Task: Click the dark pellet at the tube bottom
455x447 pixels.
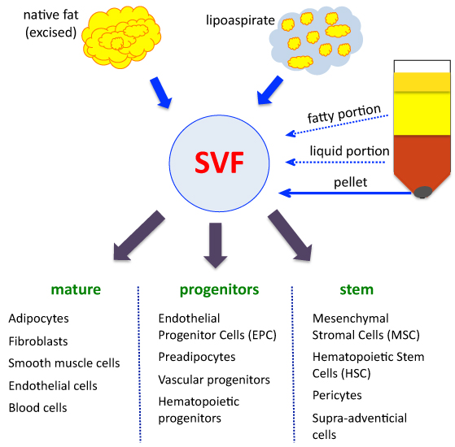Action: click(424, 193)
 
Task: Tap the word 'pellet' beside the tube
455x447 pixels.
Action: click(351, 182)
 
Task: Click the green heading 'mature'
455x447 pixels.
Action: click(76, 289)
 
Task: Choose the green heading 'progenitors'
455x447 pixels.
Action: click(218, 289)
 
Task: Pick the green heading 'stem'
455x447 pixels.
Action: click(356, 289)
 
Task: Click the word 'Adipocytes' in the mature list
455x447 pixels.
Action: click(38, 319)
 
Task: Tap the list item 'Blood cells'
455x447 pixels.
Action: click(37, 408)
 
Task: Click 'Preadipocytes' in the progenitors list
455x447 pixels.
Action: click(197, 357)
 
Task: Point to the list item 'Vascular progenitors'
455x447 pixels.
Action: click(214, 380)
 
